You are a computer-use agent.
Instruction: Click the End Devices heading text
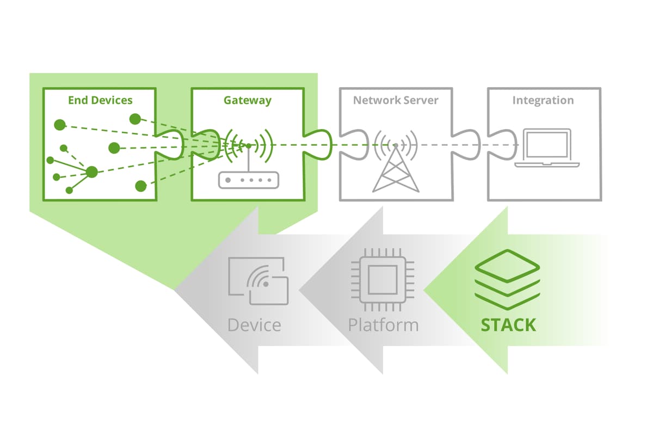[100, 100]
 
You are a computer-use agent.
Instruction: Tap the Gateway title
[248, 100]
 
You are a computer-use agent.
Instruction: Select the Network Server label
[396, 100]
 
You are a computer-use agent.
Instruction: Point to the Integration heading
[543, 100]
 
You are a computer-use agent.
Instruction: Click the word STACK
[508, 325]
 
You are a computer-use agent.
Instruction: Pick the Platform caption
[383, 325]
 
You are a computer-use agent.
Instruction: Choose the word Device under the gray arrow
[254, 325]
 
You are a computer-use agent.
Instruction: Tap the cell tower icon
[396, 163]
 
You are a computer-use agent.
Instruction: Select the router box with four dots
[248, 180]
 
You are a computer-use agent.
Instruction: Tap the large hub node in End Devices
[91, 172]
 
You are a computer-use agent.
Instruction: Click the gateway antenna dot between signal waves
[248, 145]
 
